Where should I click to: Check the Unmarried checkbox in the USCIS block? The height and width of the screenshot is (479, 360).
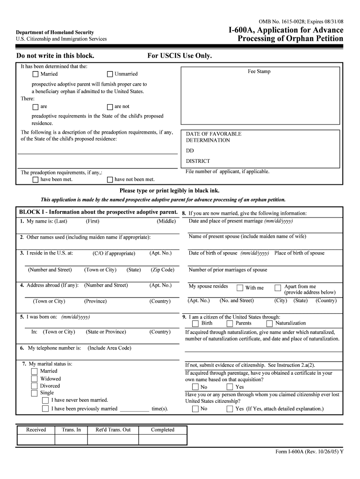pos(110,74)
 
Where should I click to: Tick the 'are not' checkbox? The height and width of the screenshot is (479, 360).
pos(110,107)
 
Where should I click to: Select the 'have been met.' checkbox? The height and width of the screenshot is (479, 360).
pos(36,180)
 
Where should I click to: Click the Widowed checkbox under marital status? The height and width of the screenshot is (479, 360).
pos(34,379)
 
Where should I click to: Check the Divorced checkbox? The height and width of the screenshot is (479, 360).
pos(34,386)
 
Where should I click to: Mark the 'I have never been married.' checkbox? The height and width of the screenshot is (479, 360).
pos(45,400)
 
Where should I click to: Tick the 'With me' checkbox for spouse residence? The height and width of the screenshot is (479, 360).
pos(240,288)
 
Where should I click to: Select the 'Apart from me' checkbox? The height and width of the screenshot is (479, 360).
pos(278,288)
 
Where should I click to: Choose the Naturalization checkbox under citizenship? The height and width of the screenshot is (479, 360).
pos(270,323)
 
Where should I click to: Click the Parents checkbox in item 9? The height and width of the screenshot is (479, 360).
pos(230,323)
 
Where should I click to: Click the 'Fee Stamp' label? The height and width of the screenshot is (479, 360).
pos(259,72)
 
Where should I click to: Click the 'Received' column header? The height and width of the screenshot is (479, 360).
pos(36,430)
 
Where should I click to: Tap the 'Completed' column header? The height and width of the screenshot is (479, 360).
pos(163,430)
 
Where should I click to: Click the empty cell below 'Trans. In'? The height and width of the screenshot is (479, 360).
pos(71,440)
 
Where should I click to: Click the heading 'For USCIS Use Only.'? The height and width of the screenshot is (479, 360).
pos(180,56)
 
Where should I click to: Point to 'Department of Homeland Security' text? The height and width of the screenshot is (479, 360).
pos(55,32)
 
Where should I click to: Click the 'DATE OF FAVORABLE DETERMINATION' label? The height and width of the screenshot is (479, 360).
pos(214,137)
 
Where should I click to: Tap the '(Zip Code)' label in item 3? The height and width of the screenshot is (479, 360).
pos(163,270)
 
